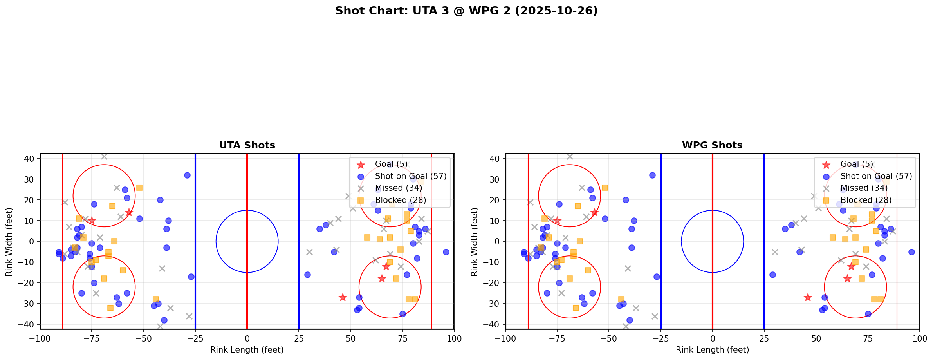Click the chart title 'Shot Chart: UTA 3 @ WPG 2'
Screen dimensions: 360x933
[x=466, y=11]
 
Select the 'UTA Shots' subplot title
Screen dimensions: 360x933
[x=247, y=145]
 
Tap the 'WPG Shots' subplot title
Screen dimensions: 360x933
[x=712, y=145]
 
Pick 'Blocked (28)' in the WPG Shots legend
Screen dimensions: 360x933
[x=866, y=200]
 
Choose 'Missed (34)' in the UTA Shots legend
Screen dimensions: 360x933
[x=398, y=188]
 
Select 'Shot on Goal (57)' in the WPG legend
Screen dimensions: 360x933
[x=876, y=176]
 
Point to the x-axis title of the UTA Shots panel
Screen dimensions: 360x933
[x=247, y=350]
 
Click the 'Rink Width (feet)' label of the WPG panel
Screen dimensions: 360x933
[x=475, y=241]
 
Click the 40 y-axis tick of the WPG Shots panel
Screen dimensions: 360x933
[x=495, y=159]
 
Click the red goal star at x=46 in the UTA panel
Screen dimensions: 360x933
[x=343, y=297]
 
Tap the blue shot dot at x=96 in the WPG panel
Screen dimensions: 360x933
[x=911, y=252]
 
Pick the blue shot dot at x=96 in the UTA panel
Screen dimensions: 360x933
[x=446, y=252]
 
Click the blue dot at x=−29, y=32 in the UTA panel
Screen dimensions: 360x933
[x=187, y=175]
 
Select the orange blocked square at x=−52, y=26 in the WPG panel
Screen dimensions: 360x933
[x=605, y=188]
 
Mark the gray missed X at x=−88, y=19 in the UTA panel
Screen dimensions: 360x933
[x=65, y=202]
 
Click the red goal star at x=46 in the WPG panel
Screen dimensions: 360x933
[x=808, y=297]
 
